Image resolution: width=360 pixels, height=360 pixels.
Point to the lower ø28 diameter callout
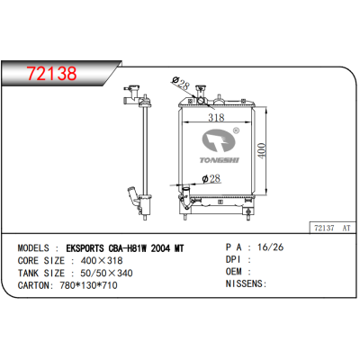point(211,179)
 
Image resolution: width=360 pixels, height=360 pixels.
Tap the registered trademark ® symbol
point(236,130)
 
